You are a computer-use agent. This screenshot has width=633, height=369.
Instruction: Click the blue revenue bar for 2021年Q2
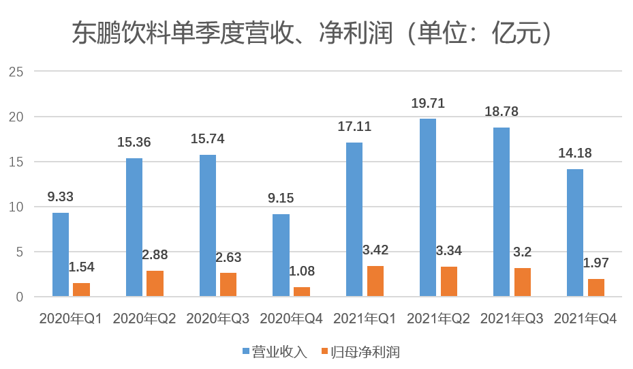[428, 207]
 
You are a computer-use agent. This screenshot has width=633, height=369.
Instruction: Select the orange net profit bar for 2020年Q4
[302, 292]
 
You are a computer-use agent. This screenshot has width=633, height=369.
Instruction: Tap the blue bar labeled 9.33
[61, 254]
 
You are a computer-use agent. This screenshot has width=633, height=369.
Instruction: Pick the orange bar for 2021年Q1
[375, 281]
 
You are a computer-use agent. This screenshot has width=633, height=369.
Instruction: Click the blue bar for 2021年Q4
[574, 233]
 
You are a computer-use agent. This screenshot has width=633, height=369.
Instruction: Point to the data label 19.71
[428, 104]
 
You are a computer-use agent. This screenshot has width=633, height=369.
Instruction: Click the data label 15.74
[208, 139]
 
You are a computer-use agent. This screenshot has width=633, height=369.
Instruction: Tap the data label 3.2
[523, 252]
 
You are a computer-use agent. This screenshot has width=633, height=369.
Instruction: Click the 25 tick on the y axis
[17, 72]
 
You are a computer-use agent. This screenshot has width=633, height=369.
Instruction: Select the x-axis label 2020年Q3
[217, 319]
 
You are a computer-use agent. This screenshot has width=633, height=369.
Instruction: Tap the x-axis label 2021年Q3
[512, 319]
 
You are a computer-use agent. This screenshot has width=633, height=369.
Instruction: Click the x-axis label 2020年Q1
[70, 319]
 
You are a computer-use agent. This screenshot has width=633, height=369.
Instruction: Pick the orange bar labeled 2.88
[155, 283]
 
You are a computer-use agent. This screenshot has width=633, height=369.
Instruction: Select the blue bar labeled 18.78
[501, 211]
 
